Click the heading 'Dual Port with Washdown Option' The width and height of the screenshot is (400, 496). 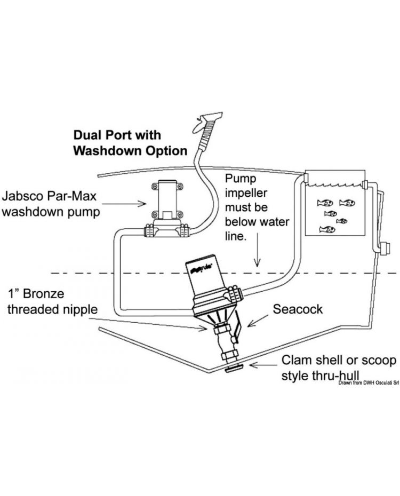130,143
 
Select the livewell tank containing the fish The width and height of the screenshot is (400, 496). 334,205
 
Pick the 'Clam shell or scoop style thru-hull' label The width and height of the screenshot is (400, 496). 339,368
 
